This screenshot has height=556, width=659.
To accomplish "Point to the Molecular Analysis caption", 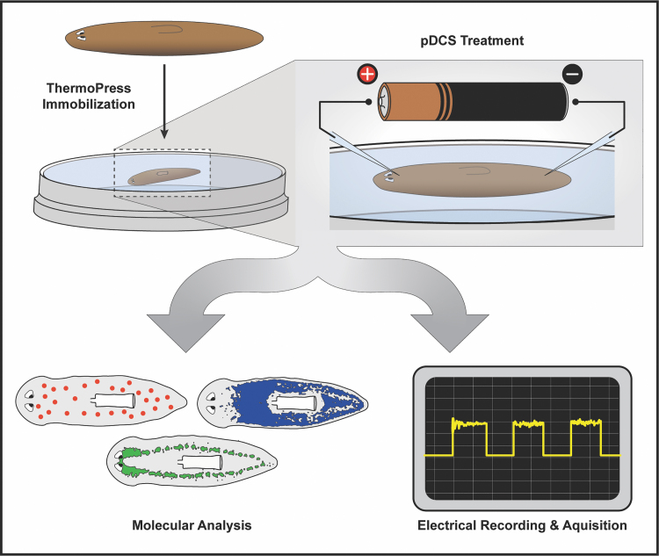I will (x=192, y=525).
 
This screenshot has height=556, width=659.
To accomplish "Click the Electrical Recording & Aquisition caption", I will (x=524, y=525).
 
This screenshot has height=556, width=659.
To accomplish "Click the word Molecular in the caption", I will (x=164, y=525).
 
